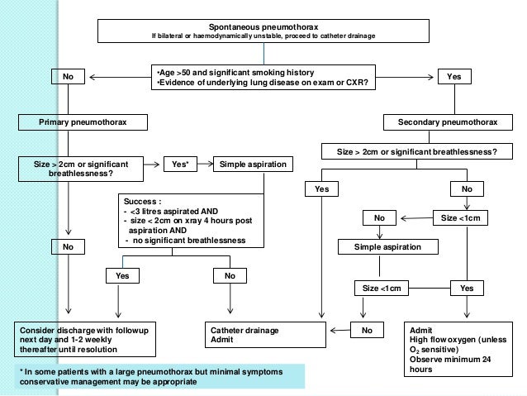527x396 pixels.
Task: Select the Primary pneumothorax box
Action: [x=83, y=122]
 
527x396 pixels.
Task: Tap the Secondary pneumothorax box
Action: [x=448, y=122]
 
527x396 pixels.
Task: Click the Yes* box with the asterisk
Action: [x=180, y=165]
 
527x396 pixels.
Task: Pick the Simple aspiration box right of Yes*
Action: [x=251, y=165]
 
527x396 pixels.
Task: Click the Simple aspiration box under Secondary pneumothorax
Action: [x=387, y=247]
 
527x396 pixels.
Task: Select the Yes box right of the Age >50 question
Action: [x=453, y=77]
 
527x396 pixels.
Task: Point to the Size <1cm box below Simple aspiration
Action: [x=380, y=289]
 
